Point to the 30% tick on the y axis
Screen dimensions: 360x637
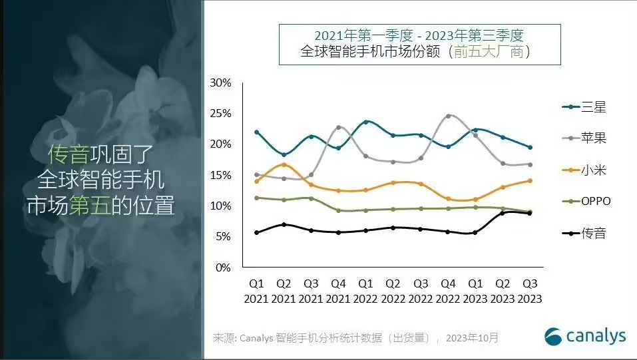point(220,83)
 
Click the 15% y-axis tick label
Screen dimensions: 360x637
point(220,176)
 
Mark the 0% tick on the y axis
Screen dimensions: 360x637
point(223,268)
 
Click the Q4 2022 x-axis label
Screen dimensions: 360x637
point(448,292)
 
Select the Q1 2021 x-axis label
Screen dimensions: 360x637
point(256,292)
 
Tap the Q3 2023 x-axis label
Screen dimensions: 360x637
point(529,292)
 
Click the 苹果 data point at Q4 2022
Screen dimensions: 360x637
point(448,116)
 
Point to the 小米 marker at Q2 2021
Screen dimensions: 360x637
point(284,164)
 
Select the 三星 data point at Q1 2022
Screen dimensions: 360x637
point(366,122)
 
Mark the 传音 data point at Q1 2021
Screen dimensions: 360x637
point(257,232)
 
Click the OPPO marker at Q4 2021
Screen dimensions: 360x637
point(339,210)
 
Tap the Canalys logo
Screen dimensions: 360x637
point(586,336)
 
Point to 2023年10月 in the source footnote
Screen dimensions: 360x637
point(473,338)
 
